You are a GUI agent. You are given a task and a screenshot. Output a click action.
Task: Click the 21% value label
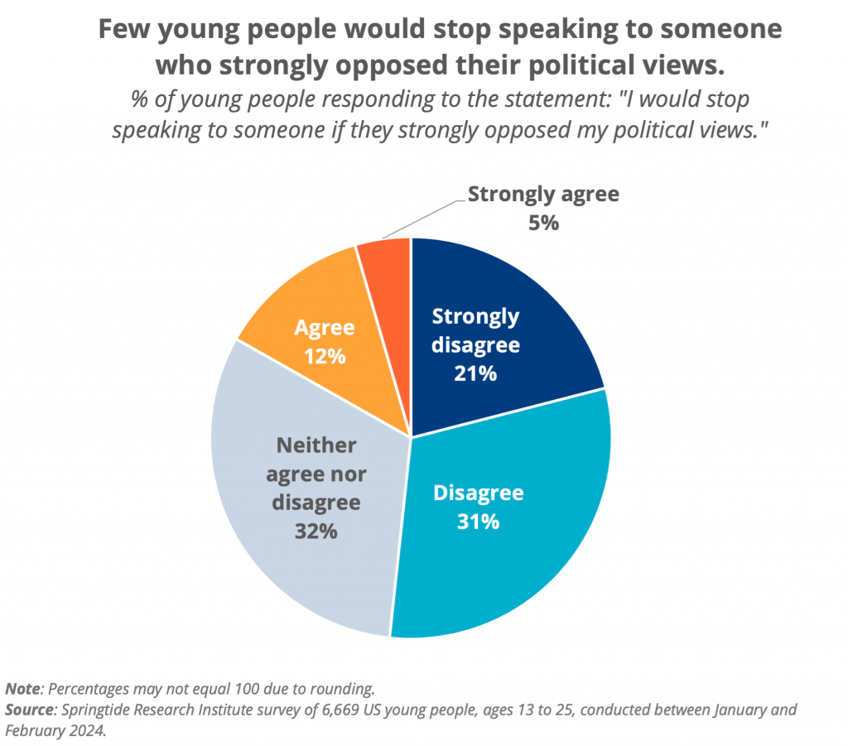click(475, 373)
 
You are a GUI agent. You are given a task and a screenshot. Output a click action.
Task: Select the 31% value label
click(478, 522)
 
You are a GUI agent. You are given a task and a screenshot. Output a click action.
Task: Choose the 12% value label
click(324, 357)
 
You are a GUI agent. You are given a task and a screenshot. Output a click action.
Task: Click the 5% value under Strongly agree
click(543, 223)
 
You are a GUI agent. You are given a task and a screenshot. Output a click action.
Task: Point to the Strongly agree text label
click(543, 195)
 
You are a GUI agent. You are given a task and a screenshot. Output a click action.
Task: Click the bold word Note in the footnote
click(22, 689)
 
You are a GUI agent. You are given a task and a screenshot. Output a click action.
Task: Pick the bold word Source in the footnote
click(29, 710)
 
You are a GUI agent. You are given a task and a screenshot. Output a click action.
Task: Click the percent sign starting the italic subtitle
click(139, 100)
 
